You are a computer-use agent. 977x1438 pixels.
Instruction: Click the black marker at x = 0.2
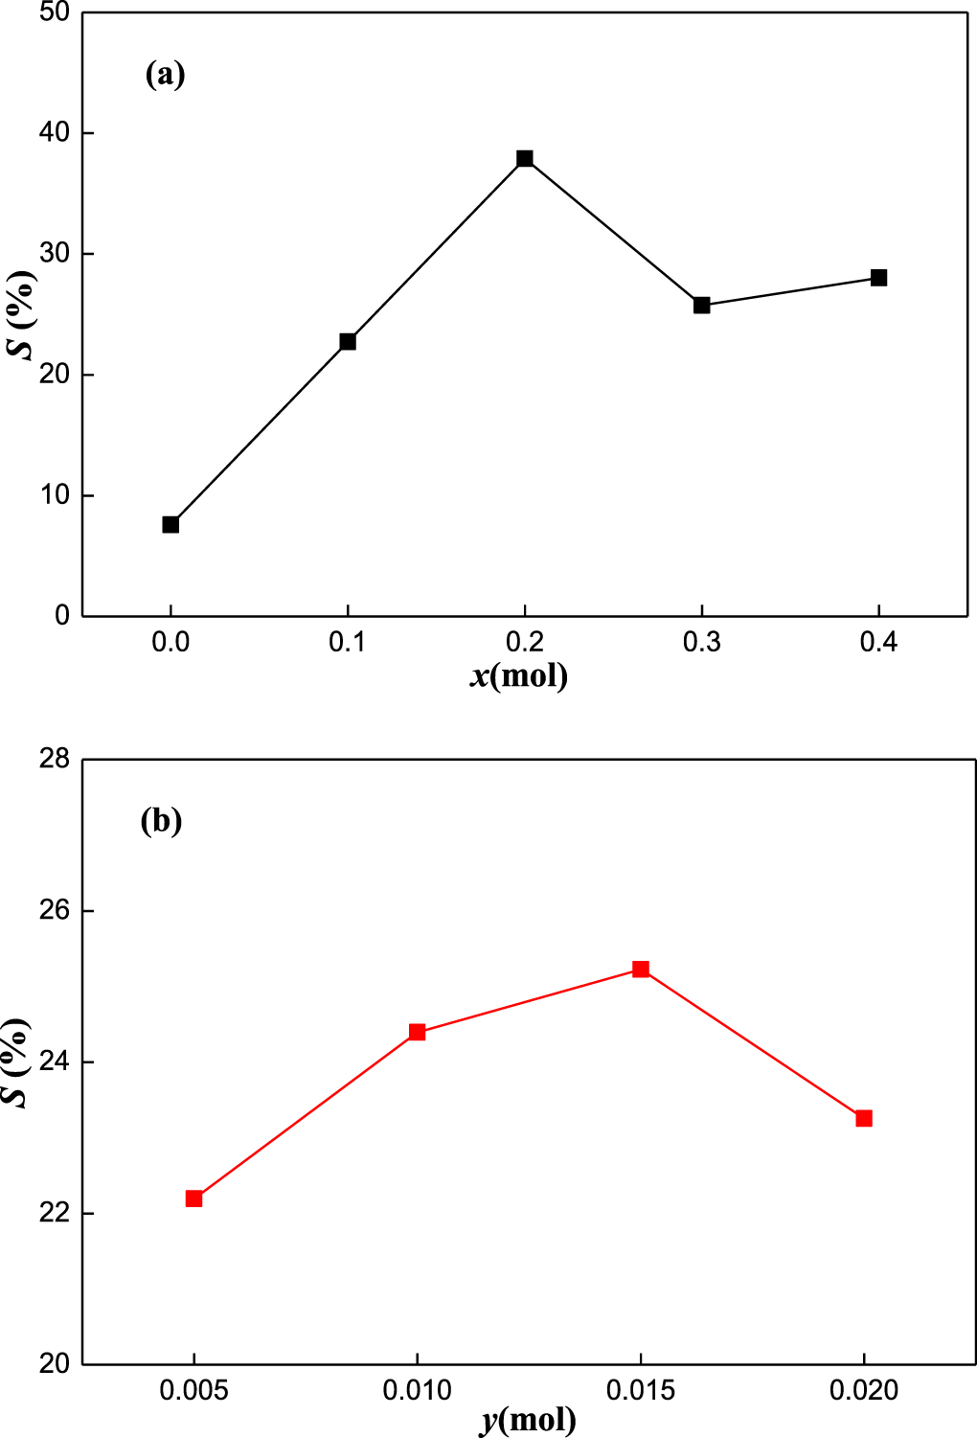(x=525, y=158)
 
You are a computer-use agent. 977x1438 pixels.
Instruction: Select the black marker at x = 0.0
(x=170, y=524)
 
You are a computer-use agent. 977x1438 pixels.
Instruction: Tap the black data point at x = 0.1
(x=348, y=341)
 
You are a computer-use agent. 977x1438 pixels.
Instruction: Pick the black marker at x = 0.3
(x=702, y=305)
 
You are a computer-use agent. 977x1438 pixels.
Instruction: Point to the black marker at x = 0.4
(x=878, y=278)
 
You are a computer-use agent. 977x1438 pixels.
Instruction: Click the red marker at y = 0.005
(x=194, y=1198)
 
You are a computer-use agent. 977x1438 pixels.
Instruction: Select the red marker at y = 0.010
(x=417, y=1032)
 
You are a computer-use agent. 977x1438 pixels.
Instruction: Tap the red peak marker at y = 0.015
(x=641, y=970)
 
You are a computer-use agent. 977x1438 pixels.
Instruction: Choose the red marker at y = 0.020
(x=864, y=1118)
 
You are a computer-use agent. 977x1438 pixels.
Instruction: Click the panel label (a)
(x=165, y=74)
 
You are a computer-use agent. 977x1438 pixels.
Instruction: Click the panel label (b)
(x=161, y=821)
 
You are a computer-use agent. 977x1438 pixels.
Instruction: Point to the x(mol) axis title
(x=519, y=676)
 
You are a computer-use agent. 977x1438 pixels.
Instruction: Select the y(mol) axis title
(x=528, y=1419)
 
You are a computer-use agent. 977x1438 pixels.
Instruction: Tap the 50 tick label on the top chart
(x=55, y=12)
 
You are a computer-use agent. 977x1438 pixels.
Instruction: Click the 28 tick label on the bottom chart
(x=55, y=759)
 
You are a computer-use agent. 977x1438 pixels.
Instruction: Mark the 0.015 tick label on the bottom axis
(x=641, y=1390)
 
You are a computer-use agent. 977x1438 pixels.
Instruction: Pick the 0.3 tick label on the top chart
(x=702, y=642)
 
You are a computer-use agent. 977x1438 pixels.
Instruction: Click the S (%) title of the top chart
(x=21, y=314)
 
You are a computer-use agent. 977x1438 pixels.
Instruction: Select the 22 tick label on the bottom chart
(x=55, y=1213)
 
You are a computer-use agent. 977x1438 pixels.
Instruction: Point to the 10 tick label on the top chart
(x=55, y=495)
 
